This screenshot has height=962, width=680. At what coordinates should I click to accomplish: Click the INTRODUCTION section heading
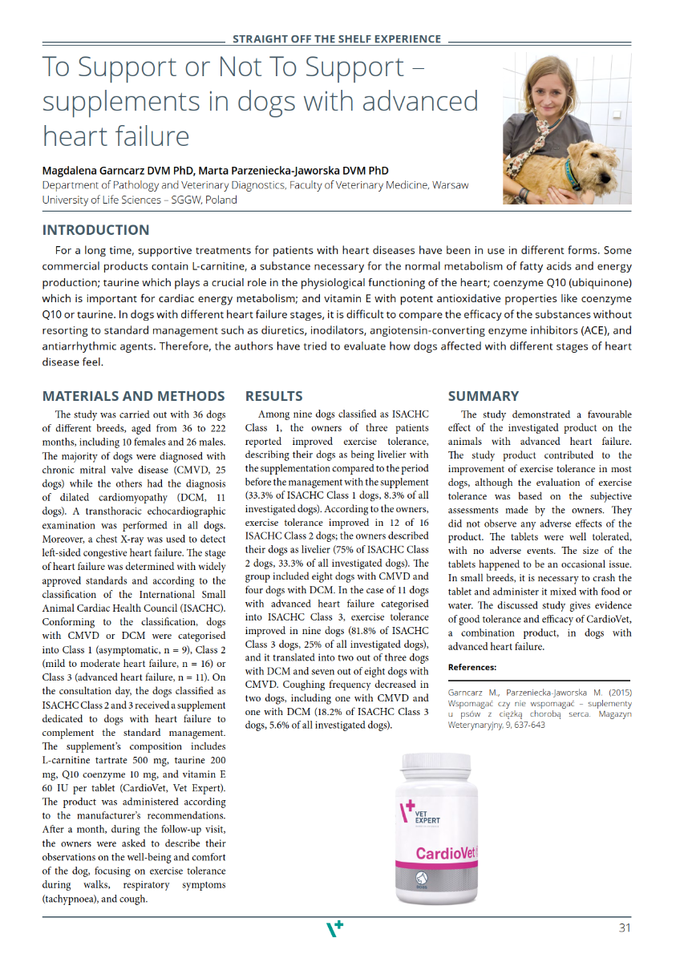tap(95, 230)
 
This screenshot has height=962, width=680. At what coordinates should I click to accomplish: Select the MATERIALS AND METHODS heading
tap(133, 396)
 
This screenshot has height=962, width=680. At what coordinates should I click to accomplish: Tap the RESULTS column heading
tap(273, 396)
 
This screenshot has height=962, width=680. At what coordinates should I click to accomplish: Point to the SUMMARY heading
tap(483, 396)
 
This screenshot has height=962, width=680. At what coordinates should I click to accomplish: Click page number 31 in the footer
tap(625, 928)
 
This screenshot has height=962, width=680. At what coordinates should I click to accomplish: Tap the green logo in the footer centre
tap(334, 928)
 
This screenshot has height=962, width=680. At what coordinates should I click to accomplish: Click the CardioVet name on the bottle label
tap(445, 853)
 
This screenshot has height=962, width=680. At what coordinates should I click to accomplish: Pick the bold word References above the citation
tap(472, 667)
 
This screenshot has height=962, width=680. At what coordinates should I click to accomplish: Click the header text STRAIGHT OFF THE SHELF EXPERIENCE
tap(336, 38)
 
